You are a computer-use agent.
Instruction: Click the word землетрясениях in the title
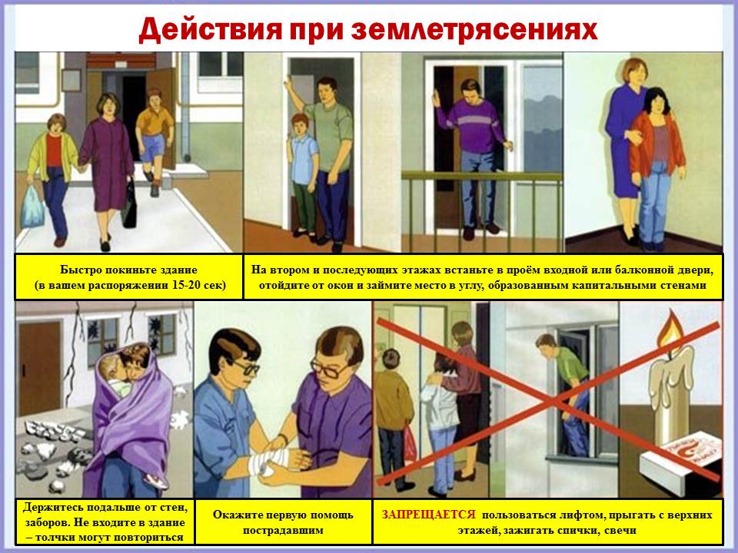pyautogui.click(x=474, y=30)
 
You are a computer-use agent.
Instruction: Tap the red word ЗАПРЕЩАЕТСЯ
pyautogui.click(x=429, y=515)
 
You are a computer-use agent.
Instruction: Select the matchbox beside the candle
pyautogui.click(x=680, y=456)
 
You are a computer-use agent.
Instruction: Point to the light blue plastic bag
pyautogui.click(x=32, y=207)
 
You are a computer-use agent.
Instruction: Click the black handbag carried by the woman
pyautogui.click(x=129, y=204)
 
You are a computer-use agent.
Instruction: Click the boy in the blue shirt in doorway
pyautogui.click(x=303, y=175)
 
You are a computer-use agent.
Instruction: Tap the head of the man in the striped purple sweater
pyautogui.click(x=471, y=92)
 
